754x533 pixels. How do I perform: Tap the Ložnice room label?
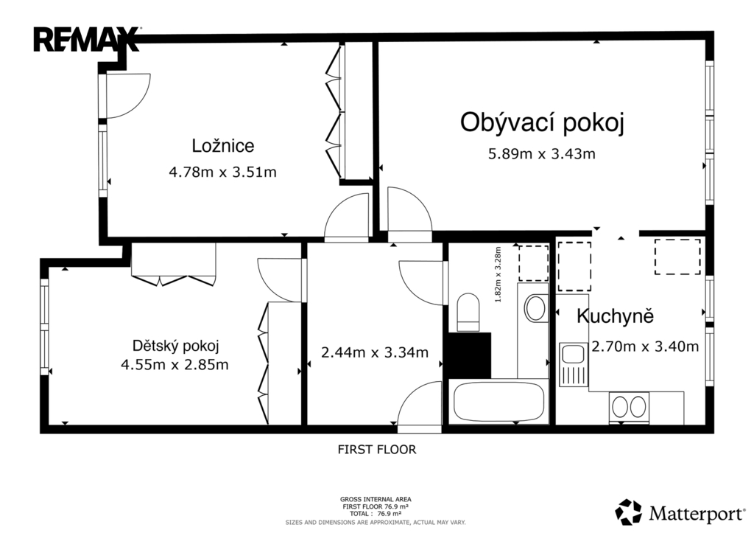pos(222,145)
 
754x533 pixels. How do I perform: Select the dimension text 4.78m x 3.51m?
pos(222,172)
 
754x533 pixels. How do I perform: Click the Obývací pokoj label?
pos(542,122)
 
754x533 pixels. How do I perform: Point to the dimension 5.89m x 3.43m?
pos(542,153)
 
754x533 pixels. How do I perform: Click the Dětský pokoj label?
pos(175,346)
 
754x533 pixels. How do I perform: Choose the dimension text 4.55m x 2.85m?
pos(175,364)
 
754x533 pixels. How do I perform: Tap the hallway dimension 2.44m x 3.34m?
pos(375,352)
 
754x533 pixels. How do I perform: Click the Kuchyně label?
pos(615,316)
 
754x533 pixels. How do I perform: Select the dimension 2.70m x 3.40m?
pos(645,346)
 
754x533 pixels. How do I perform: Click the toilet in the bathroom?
pos(468,312)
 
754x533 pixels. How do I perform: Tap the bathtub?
pos(498,401)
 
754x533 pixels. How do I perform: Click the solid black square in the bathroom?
pos(470,355)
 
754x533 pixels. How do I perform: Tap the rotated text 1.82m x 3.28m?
pos(498,275)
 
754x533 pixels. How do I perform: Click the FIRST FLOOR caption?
pos(376,450)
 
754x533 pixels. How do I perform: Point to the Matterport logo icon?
pos(629,512)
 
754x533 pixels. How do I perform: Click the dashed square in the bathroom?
pos(533,263)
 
